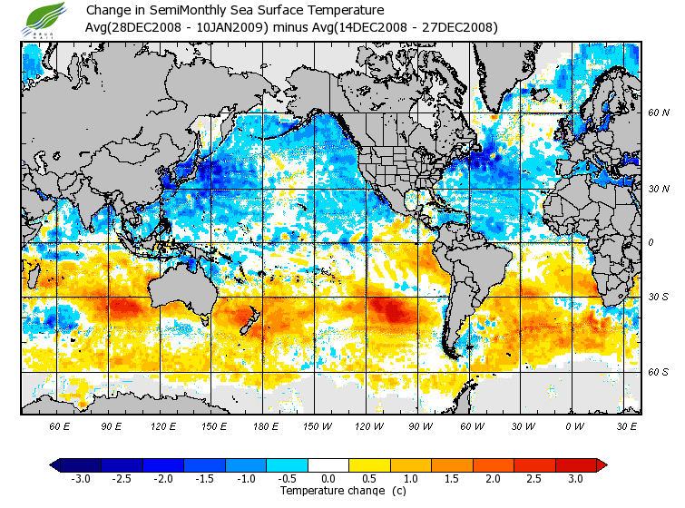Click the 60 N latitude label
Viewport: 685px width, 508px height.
tap(659, 113)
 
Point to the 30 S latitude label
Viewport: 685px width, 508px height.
tap(659, 298)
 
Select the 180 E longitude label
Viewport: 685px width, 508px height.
tap(265, 425)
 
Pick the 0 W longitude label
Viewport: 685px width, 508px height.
tap(574, 425)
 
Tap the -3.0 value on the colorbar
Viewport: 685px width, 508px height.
tap(80, 478)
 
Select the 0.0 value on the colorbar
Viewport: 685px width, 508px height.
tap(328, 478)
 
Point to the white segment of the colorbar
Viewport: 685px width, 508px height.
tap(328, 464)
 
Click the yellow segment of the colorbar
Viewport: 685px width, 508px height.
tap(369, 464)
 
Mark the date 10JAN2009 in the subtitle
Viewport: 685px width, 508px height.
tap(231, 27)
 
